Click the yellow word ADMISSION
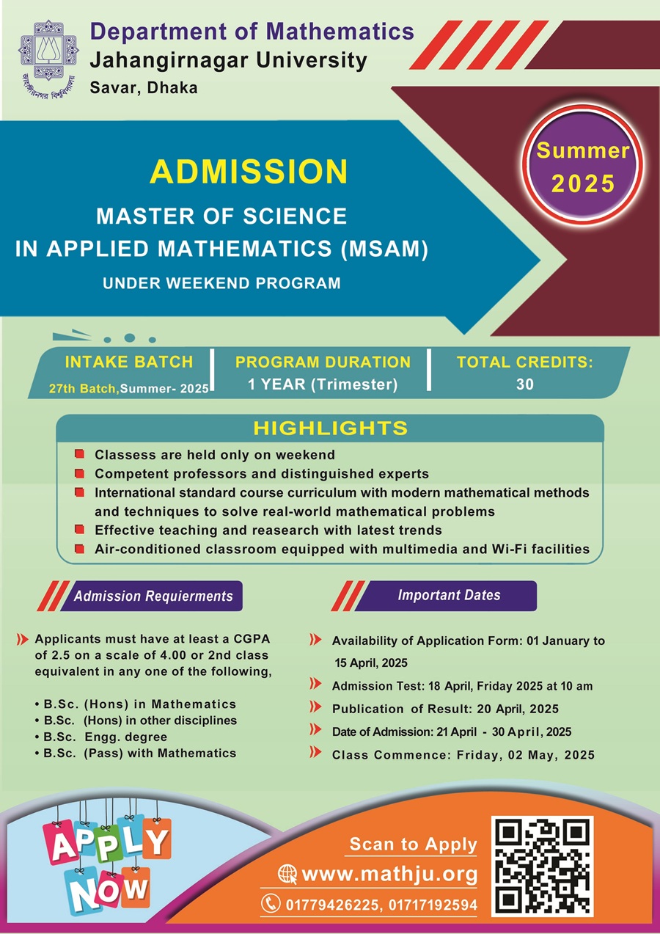pos(248,171)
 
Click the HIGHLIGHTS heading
pos(330,428)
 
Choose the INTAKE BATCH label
pos(129,362)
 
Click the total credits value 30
pos(524,384)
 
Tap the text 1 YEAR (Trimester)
pos(323,384)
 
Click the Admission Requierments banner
pos(153,596)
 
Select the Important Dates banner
pos(449,595)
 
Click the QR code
pos(543,864)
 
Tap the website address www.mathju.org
pos(389,875)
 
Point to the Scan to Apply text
pos(413,844)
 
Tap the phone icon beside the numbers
pos(271,904)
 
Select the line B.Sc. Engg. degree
pos(105,737)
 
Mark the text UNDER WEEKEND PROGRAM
pos(222,282)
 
